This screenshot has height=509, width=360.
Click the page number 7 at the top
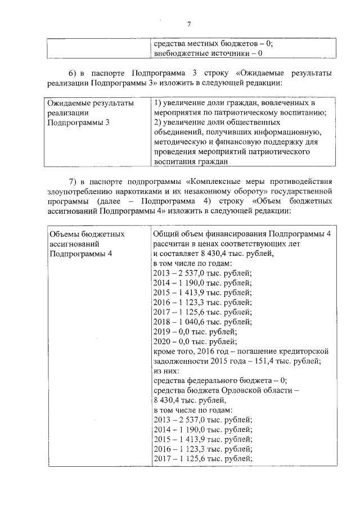(x=189, y=24)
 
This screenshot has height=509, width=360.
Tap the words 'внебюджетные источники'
(x=200, y=53)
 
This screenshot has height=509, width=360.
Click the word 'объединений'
(x=178, y=132)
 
